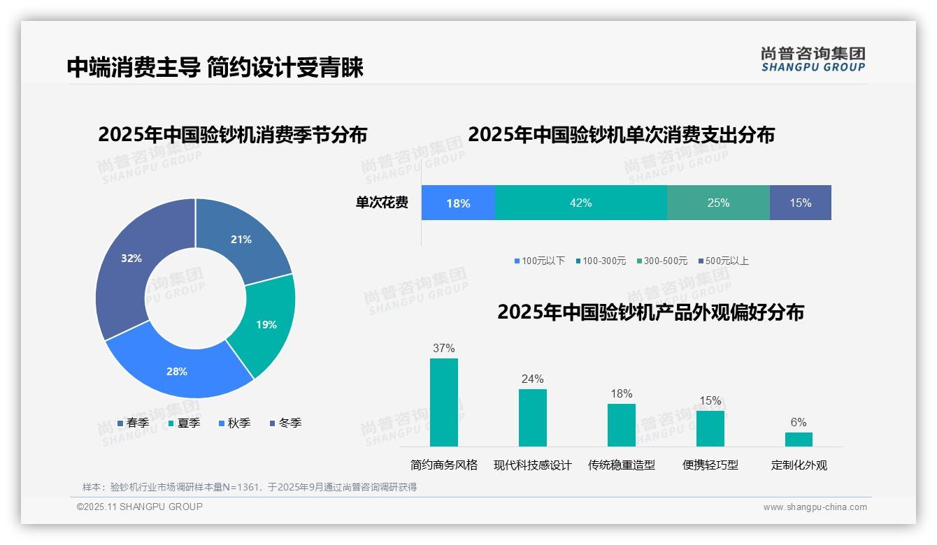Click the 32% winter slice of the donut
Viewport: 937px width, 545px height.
point(129,262)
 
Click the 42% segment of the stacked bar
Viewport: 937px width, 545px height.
point(580,203)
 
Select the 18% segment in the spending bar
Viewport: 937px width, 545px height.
point(458,203)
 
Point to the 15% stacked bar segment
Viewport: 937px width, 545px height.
point(800,203)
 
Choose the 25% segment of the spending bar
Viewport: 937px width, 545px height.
point(718,203)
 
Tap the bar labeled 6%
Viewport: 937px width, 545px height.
point(799,439)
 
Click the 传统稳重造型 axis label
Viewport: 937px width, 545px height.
point(621,465)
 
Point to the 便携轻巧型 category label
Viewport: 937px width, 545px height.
point(710,465)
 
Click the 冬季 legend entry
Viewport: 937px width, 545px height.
point(285,423)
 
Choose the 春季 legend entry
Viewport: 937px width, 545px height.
point(133,423)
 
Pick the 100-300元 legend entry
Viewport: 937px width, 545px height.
point(601,261)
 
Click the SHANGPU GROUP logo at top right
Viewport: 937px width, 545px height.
point(813,59)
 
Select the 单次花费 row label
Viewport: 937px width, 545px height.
point(382,203)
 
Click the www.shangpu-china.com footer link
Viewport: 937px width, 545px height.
point(815,507)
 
